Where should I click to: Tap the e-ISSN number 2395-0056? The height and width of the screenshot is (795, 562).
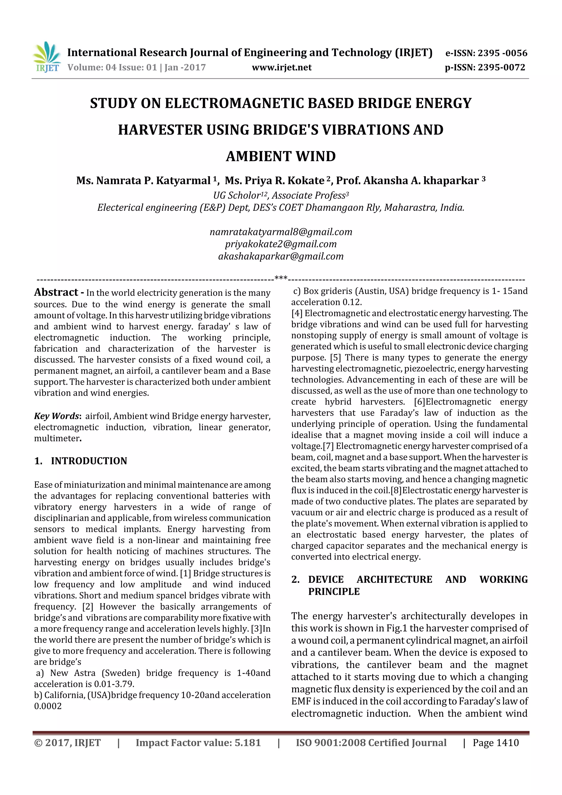502,53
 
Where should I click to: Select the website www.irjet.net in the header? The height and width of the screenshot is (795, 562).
282,68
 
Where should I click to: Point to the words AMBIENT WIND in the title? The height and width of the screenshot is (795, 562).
280,156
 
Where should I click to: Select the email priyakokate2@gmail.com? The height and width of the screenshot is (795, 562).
280,244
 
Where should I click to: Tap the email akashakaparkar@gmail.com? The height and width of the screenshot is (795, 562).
280,256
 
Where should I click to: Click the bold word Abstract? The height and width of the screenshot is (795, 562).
56,293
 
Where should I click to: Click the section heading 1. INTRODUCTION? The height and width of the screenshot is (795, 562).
81,461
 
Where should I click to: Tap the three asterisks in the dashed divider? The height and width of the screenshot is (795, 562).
280,278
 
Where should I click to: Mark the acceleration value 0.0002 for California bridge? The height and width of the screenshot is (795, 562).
48,706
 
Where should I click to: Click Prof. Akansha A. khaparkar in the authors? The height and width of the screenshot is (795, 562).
407,181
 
